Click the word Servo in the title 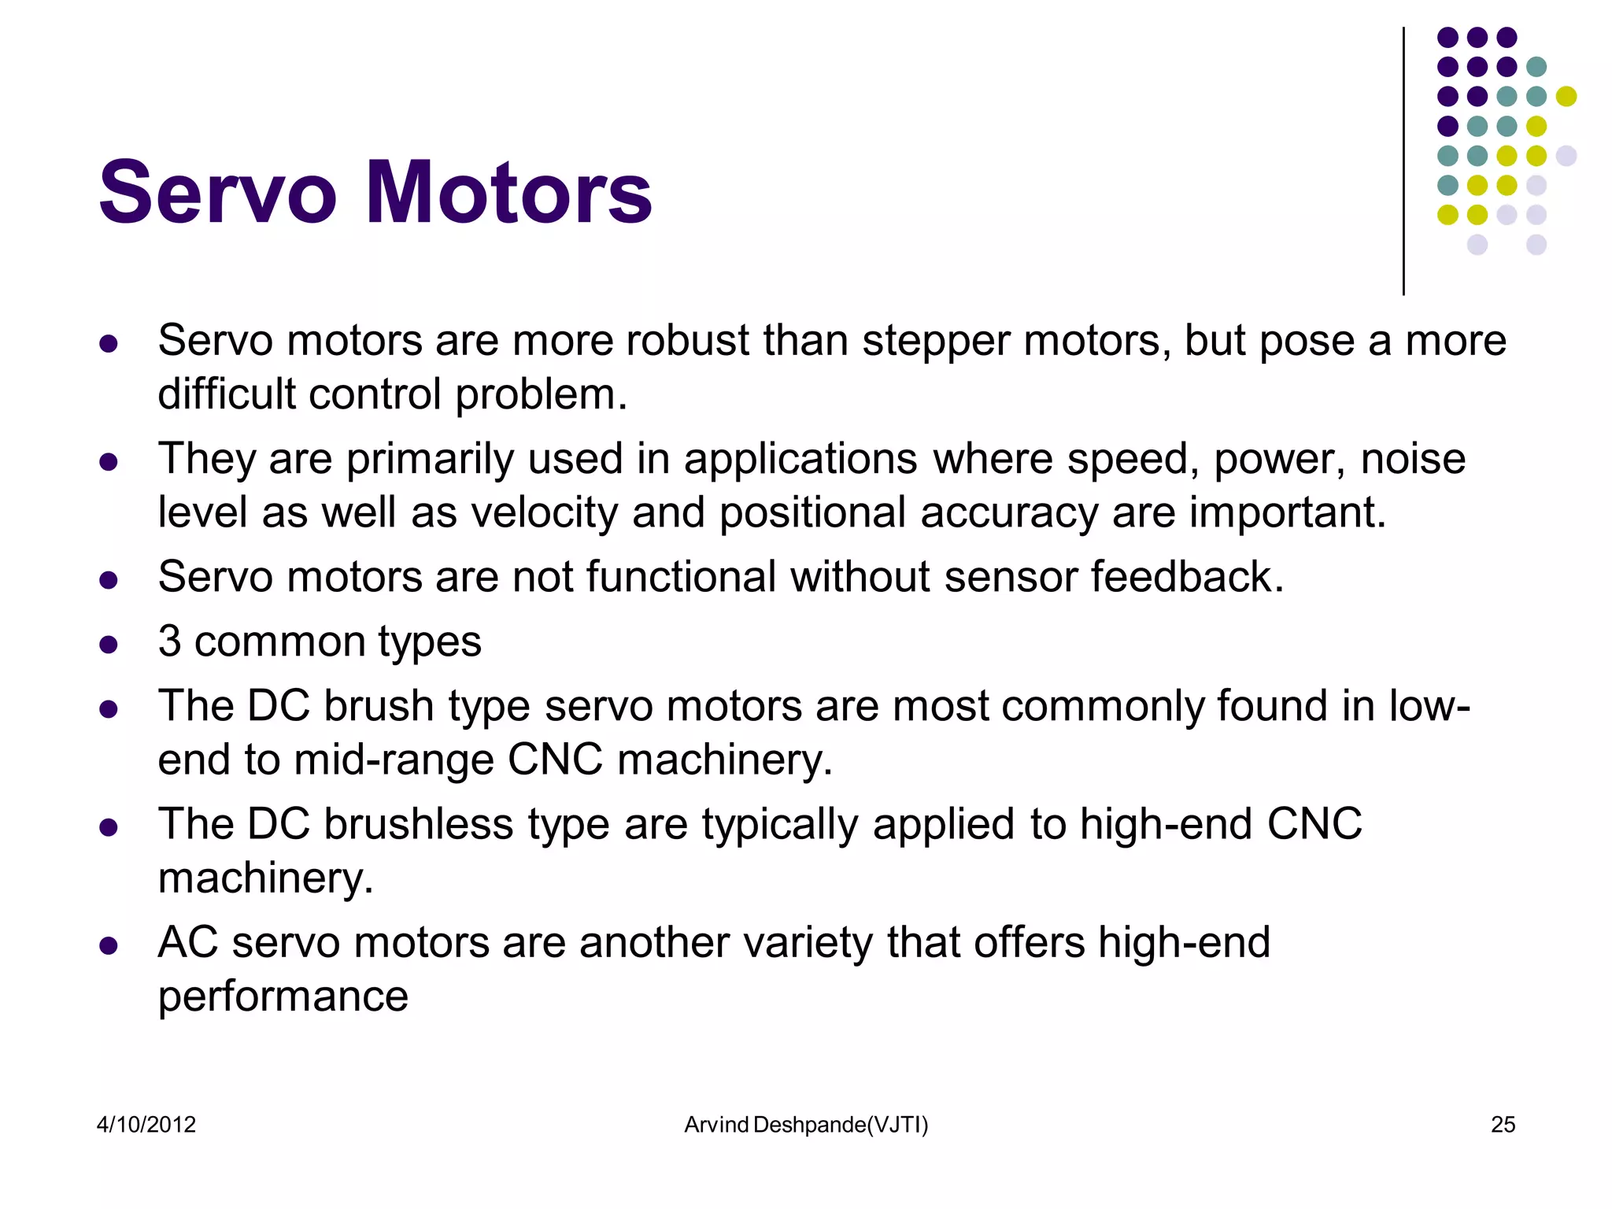pyautogui.click(x=218, y=193)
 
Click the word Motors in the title pyautogui.click(x=508, y=193)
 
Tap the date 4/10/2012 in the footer pyautogui.click(x=146, y=1124)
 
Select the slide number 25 pyautogui.click(x=1503, y=1124)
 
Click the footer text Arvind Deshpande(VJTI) pyautogui.click(x=806, y=1124)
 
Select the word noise pyautogui.click(x=1413, y=459)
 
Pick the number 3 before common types pyautogui.click(x=169, y=641)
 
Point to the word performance pyautogui.click(x=283, y=997)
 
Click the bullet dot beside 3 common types pyautogui.click(x=109, y=645)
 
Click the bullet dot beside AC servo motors pyautogui.click(x=109, y=945)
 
